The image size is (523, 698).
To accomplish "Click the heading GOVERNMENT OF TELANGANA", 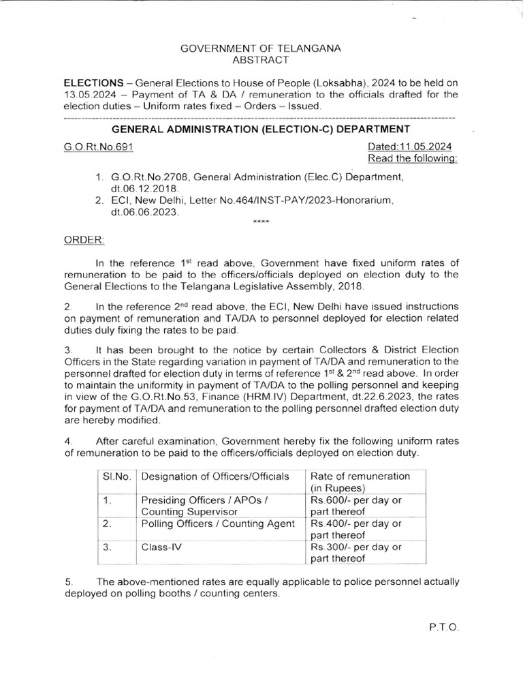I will point(260,48).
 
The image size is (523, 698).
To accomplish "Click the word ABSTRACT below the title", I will point(260,61).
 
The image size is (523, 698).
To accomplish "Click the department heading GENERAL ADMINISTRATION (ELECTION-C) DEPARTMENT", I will point(260,128).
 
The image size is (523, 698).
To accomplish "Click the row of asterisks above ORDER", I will point(260,223).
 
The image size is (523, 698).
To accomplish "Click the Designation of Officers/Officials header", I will point(215,476).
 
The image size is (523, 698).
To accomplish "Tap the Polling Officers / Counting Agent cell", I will point(218,523).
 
